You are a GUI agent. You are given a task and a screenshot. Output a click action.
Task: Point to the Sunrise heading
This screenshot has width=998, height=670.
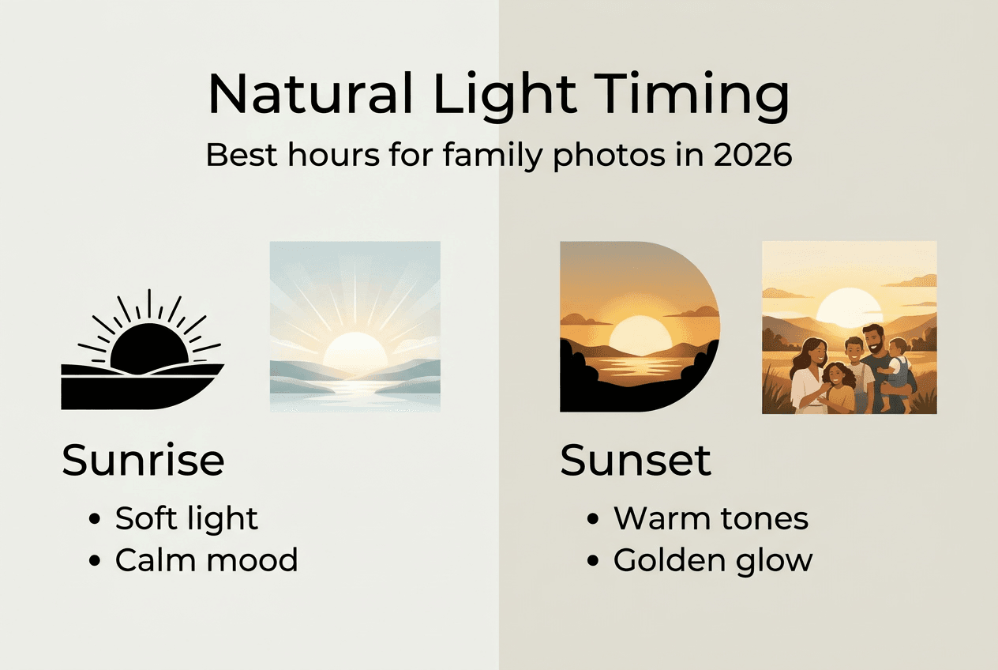click(x=143, y=460)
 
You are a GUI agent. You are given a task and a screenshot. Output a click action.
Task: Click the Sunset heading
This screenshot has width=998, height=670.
click(x=636, y=460)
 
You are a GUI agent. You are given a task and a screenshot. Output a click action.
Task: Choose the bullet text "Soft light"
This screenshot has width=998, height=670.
click(x=186, y=518)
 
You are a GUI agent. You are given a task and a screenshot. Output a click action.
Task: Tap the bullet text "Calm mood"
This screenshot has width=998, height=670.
click(x=206, y=559)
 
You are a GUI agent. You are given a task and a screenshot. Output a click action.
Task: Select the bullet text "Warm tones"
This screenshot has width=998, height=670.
click(x=711, y=518)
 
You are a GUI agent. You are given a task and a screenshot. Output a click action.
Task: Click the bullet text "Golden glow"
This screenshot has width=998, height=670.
click(x=712, y=559)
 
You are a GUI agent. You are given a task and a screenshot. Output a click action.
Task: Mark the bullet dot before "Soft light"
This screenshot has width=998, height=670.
click(x=96, y=519)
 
